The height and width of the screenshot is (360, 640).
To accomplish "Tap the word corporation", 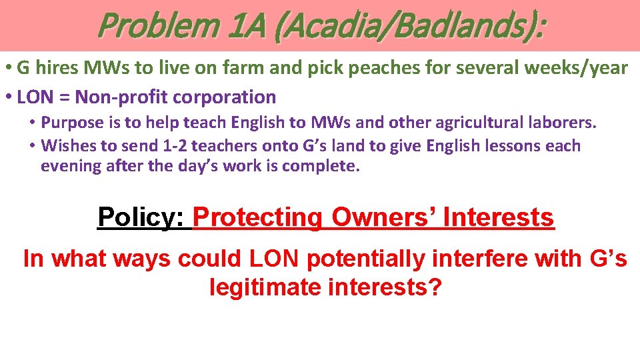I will [x=225, y=97].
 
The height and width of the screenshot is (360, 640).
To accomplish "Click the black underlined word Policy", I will [x=143, y=217].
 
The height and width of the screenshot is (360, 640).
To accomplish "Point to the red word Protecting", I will [x=257, y=217].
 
